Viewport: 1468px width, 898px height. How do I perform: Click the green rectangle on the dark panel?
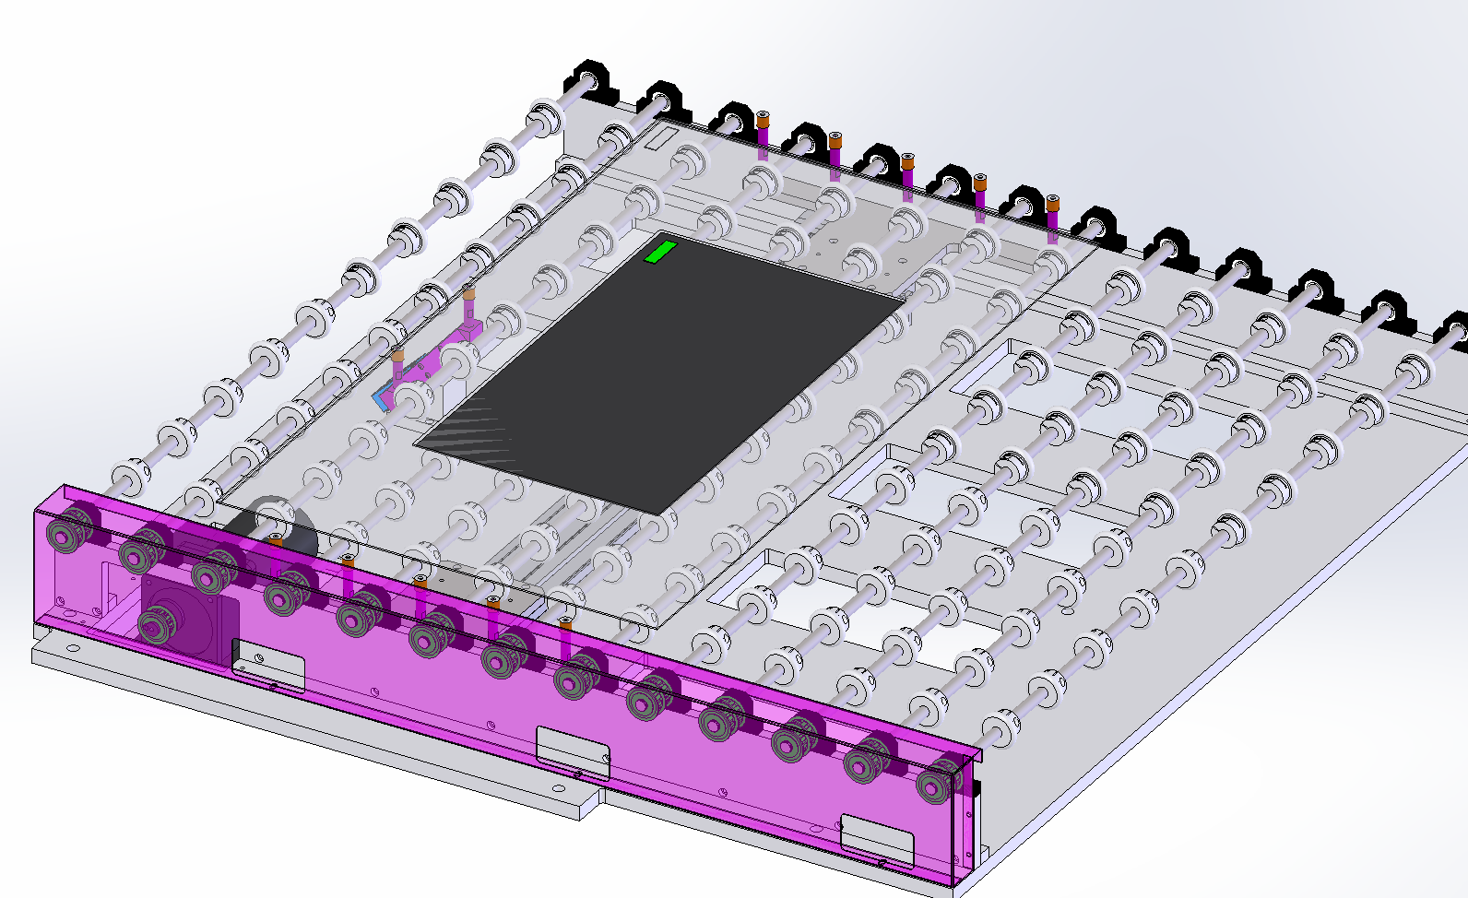[660, 251]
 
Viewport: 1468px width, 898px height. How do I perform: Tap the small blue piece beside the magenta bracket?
[380, 399]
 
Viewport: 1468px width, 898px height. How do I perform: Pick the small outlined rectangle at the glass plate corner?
[660, 138]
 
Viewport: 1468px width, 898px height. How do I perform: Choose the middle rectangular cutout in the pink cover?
[573, 750]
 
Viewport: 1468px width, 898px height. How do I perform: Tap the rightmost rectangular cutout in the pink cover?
[876, 839]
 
